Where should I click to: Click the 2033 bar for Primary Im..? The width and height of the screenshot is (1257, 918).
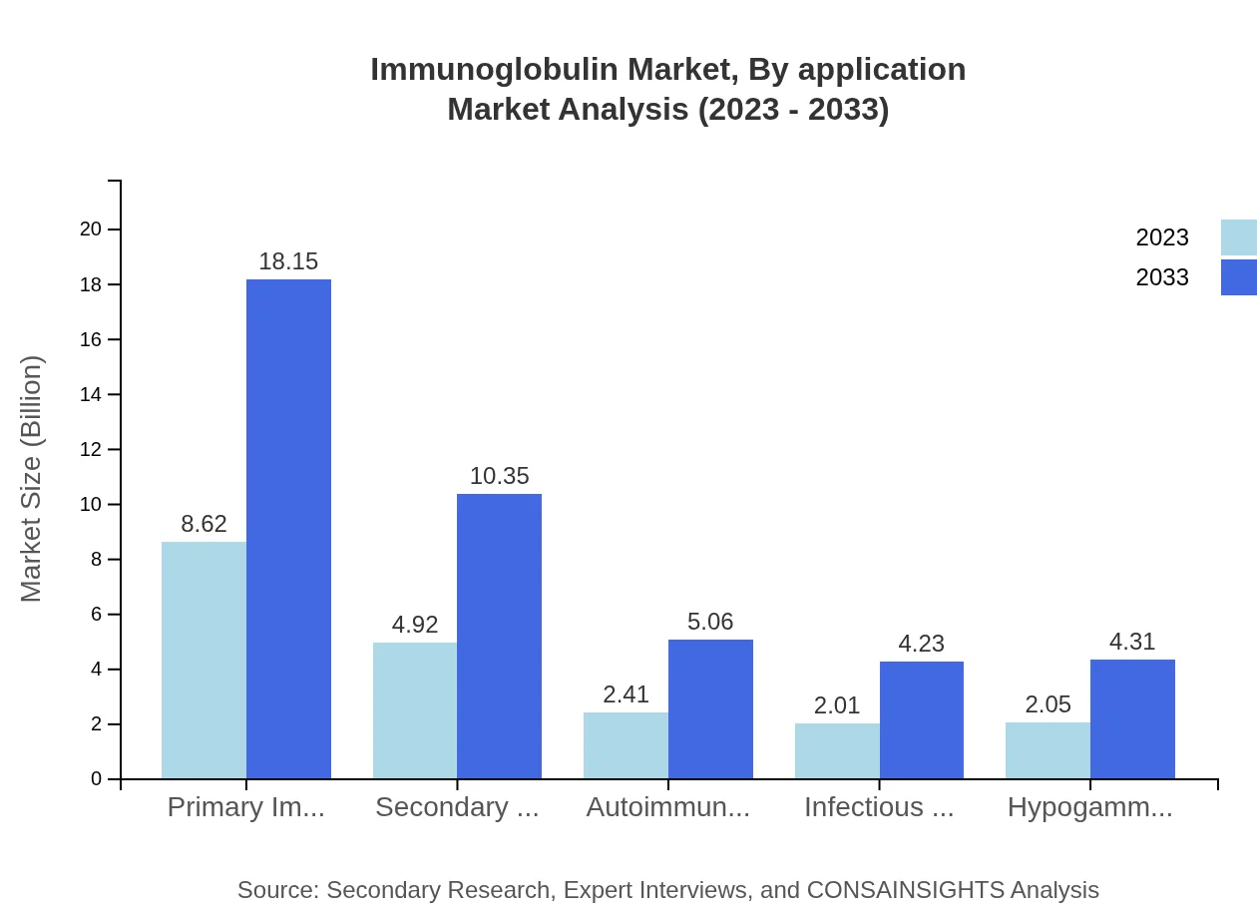pos(288,529)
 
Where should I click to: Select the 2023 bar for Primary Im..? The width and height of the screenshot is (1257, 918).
pos(204,660)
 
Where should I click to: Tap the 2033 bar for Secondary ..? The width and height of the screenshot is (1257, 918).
pos(499,636)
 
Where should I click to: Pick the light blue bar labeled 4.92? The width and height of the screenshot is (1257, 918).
pos(415,710)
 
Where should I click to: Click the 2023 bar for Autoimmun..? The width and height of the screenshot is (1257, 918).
pos(626,744)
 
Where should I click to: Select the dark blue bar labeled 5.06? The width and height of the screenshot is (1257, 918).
pos(710,708)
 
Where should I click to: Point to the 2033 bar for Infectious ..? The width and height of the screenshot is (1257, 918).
pos(922,719)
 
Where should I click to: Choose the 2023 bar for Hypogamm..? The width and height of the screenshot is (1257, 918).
pos(1047,749)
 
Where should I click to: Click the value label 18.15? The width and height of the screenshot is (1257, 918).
pos(288,261)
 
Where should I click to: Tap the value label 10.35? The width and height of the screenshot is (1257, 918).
pos(499,476)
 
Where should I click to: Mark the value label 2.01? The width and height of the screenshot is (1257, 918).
pos(837,705)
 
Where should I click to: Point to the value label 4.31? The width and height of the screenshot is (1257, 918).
pos(1132,642)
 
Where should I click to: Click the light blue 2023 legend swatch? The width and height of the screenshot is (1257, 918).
pos(1238,237)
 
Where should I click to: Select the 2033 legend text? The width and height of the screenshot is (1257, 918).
pos(1162,277)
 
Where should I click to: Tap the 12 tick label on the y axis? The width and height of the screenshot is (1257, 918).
pos(91,449)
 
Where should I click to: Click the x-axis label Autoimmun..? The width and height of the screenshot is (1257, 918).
pos(667,807)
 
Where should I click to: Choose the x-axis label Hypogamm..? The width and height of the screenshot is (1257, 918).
pos(1089,807)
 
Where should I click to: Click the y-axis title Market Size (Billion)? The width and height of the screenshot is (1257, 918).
pos(32,479)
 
